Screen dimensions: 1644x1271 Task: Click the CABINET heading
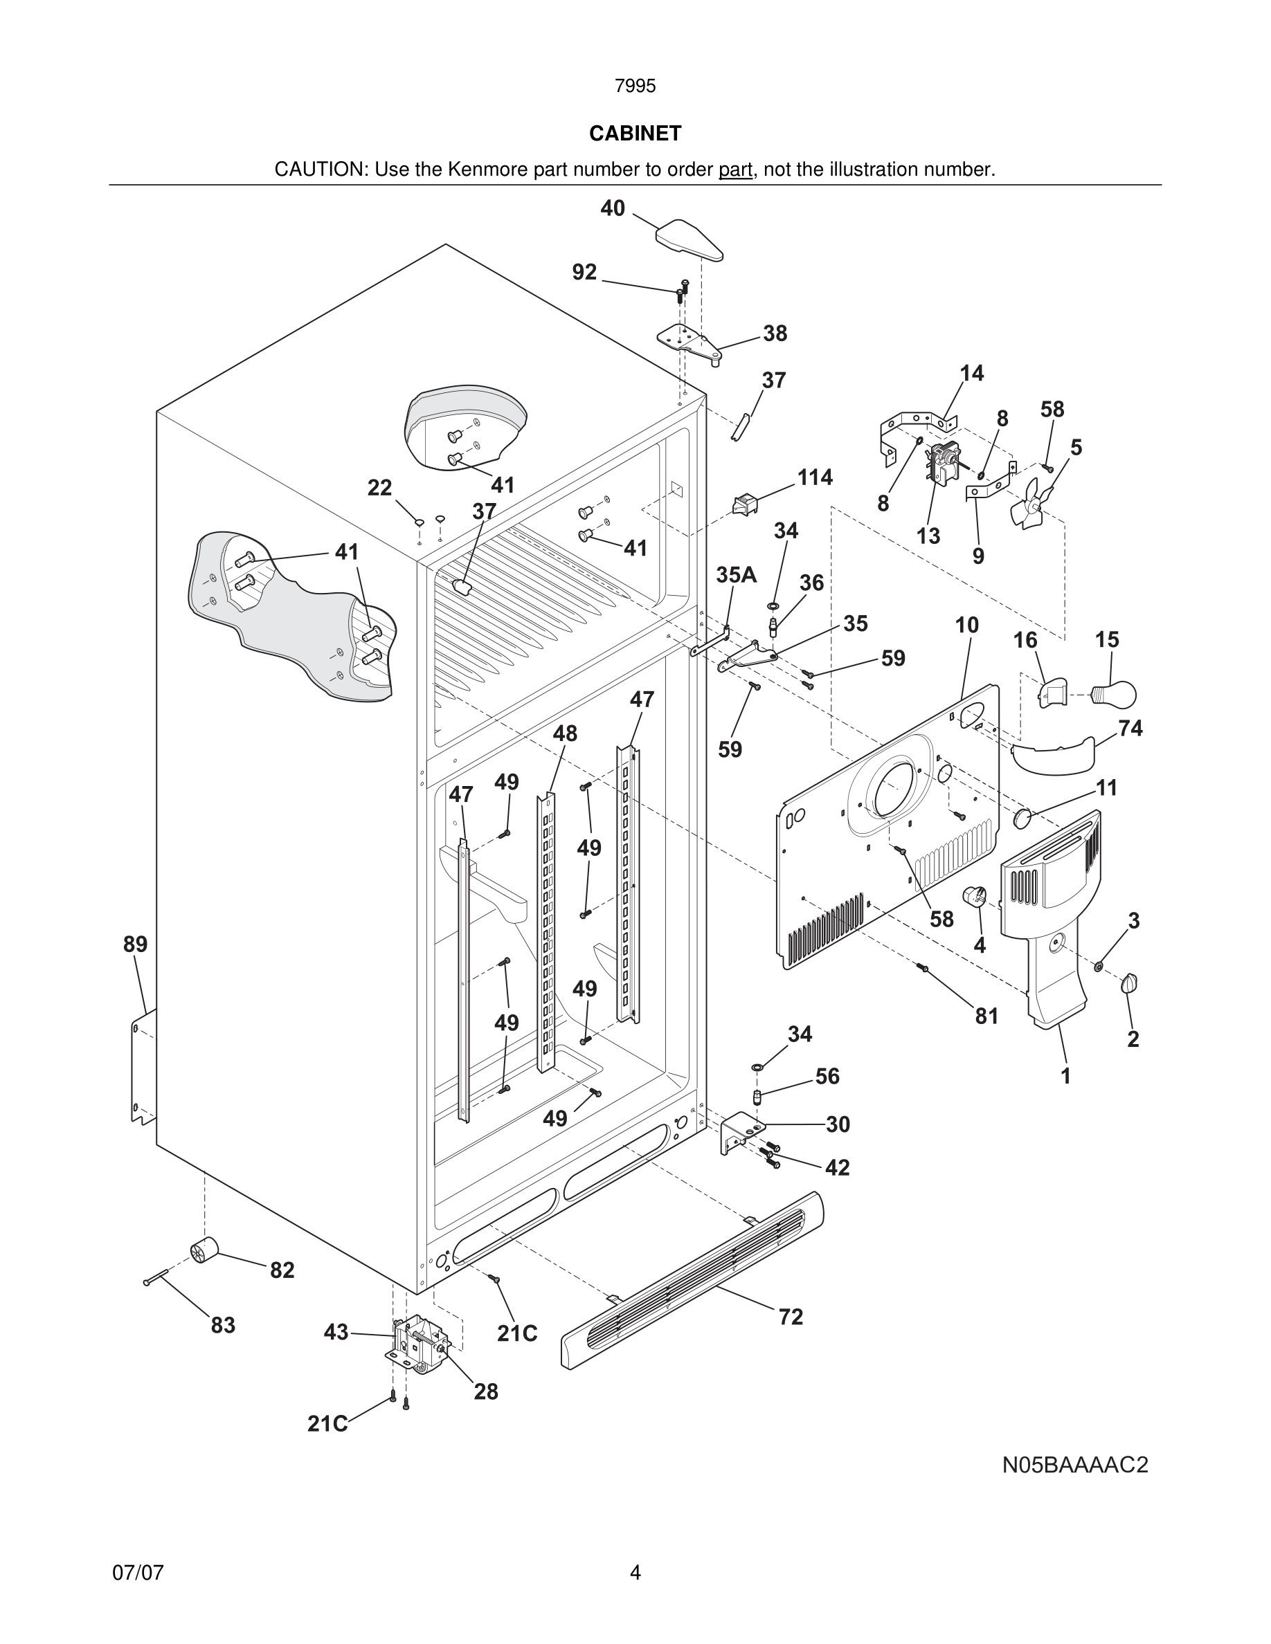pyautogui.click(x=635, y=134)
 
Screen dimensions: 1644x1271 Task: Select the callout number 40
pyautogui.click(x=612, y=208)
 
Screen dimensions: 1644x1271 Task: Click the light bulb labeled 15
pyautogui.click(x=1118, y=693)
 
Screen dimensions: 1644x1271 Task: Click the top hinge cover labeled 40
pyautogui.click(x=689, y=240)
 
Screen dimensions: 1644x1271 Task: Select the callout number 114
pyautogui.click(x=815, y=477)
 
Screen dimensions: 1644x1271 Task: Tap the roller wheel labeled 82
pyautogui.click(x=204, y=1250)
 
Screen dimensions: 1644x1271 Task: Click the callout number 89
pyautogui.click(x=136, y=944)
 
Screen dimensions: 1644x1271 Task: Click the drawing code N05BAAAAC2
pyautogui.click(x=1074, y=1465)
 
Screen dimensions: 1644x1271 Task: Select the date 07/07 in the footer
pyautogui.click(x=138, y=1573)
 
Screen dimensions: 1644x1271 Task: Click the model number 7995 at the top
pyautogui.click(x=635, y=86)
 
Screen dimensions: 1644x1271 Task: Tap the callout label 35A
pyautogui.click(x=736, y=575)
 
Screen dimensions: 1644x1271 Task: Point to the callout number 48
pyautogui.click(x=565, y=733)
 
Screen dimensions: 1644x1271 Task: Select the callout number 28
pyautogui.click(x=486, y=1392)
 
